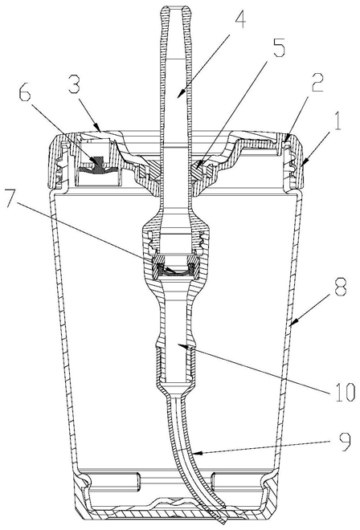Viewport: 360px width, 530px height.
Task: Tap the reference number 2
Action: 317,83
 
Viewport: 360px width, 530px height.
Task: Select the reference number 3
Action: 75,84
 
